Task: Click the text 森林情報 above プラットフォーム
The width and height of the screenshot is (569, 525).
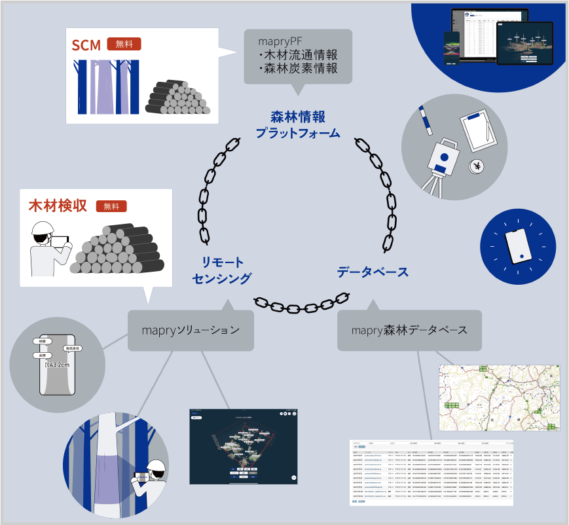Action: (298, 117)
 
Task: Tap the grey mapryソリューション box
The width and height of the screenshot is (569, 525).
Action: (190, 330)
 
